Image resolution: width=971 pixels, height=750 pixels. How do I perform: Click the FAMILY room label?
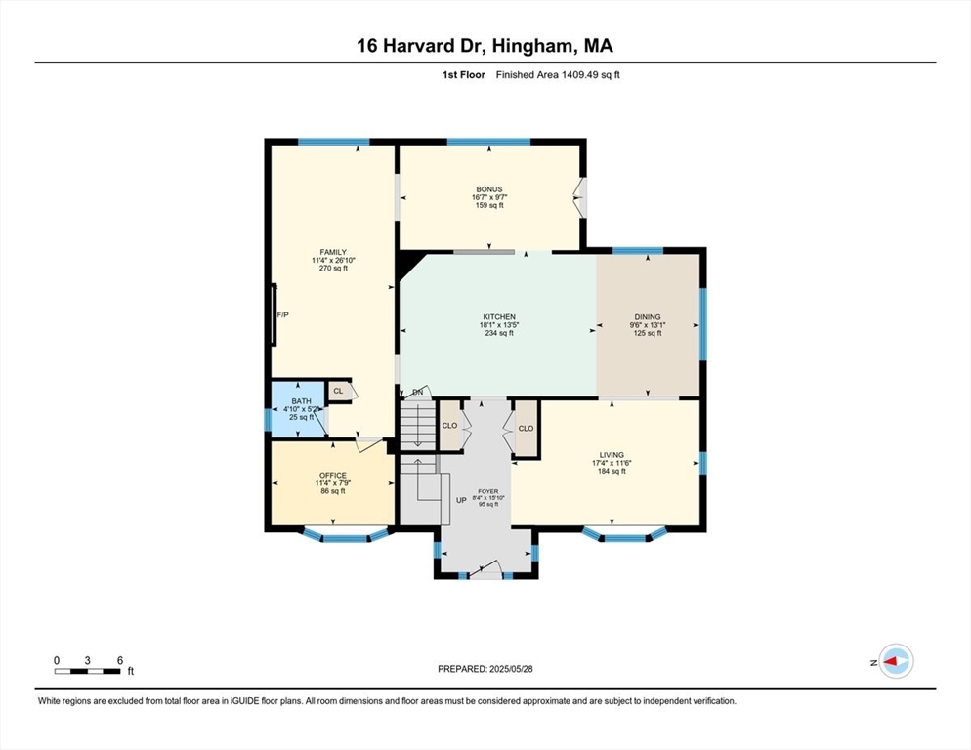point(333,252)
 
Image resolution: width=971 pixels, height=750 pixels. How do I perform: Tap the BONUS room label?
point(488,188)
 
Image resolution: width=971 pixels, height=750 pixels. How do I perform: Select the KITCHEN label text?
point(498,317)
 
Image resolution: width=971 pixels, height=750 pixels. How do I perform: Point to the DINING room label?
point(648,317)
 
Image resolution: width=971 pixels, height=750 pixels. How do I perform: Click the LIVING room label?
point(612,455)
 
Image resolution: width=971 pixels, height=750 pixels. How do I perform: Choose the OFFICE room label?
point(333,476)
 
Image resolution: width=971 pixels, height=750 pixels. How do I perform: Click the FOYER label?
point(487,491)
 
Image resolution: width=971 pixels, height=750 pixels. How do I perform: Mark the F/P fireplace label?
point(283,315)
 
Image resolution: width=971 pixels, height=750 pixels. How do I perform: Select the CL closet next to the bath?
point(338,391)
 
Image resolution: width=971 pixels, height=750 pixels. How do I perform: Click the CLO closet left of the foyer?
point(450,426)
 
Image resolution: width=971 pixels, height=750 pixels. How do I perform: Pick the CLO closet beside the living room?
point(526,428)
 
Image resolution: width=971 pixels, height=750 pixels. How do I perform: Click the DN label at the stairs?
point(417,393)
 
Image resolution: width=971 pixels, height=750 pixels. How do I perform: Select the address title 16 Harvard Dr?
point(485,45)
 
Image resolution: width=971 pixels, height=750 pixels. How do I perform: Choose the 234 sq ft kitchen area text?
point(498,333)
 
